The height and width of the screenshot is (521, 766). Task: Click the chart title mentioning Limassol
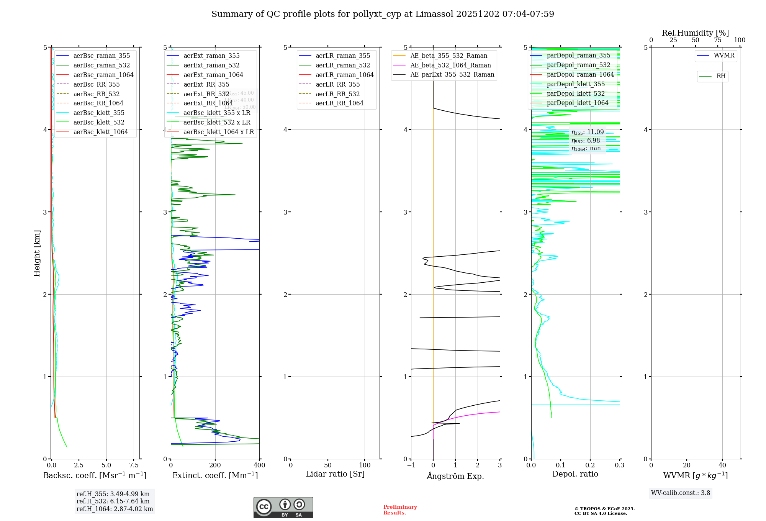coord(383,14)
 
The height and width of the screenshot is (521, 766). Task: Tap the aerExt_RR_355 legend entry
coord(206,84)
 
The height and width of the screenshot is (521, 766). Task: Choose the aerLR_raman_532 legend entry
coord(343,65)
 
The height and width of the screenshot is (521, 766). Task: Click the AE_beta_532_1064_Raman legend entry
coord(450,65)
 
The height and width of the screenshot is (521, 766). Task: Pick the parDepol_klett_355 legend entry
coord(576,84)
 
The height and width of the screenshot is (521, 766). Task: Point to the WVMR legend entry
coord(724,56)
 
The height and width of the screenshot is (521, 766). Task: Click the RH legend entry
coord(721,76)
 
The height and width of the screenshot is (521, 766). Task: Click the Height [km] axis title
coord(37,253)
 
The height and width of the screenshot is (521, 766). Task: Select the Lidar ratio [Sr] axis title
coord(335,474)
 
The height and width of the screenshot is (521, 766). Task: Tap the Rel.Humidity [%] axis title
coord(695,33)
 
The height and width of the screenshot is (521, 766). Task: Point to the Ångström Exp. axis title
coord(455,476)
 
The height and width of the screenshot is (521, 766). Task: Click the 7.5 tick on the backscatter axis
coord(134,465)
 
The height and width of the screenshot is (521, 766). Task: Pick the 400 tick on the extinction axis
coord(259,465)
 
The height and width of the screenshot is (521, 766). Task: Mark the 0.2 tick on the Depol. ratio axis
coord(590,465)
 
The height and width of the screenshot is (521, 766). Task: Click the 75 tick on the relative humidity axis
coord(717,40)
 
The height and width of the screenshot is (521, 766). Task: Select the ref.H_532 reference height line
coord(113,501)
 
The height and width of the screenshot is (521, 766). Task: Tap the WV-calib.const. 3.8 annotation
coord(681,493)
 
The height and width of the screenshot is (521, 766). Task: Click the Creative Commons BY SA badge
coord(283,507)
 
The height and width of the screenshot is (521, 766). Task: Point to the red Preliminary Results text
coord(400,510)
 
